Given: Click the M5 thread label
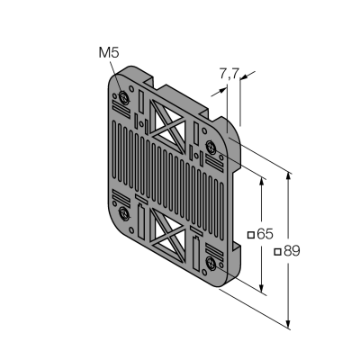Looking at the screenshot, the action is pos(109,53).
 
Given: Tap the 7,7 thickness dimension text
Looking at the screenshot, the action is pos(229,74).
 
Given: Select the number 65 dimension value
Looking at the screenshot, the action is pos(265,234).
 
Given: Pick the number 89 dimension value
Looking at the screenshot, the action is pos(292,251).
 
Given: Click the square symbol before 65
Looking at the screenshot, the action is pos(251,235).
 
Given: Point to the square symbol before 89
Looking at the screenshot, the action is pos(278,252).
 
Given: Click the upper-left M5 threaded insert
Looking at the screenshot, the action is pos(123,97).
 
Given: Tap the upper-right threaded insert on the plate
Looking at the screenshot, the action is pos(211,147).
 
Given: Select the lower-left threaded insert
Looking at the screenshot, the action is pos(123,214).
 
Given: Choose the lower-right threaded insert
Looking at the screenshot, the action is pos(211,264).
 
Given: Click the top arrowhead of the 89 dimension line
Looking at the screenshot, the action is pos(288,176).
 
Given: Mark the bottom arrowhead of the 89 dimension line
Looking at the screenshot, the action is pos(288,324).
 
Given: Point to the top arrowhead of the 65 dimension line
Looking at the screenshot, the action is pos(262,183).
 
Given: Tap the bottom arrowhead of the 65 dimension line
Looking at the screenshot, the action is pos(262,288).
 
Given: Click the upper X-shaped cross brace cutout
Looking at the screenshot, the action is pos(168,125).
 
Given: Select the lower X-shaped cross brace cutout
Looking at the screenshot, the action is pos(168,235).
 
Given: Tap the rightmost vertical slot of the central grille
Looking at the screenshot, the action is pos(221,210).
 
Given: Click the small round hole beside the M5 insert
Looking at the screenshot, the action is pos(131,88).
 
